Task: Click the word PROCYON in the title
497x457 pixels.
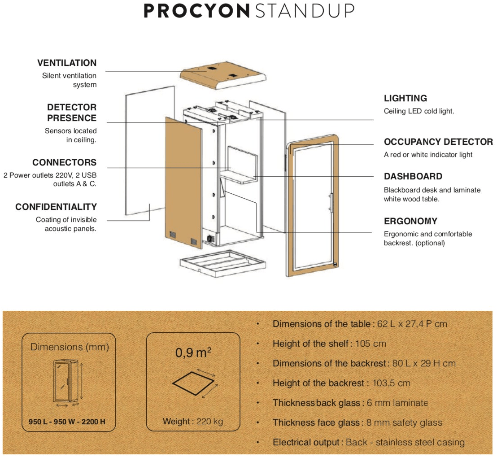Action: [196, 11]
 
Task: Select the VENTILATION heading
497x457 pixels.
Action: [67, 63]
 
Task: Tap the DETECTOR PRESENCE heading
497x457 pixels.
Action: [72, 113]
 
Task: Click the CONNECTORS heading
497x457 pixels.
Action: [64, 162]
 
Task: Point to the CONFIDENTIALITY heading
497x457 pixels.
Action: [56, 207]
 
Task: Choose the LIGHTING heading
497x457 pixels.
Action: [405, 98]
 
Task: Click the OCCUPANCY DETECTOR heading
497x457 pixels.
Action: [438, 142]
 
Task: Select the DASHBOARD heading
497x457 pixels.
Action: [413, 176]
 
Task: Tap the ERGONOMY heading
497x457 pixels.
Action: [410, 221]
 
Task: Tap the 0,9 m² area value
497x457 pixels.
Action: [193, 353]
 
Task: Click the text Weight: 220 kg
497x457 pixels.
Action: [193, 422]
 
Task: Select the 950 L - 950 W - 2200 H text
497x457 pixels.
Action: [67, 422]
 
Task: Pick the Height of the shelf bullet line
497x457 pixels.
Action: [329, 344]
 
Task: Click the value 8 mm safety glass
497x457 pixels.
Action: [403, 422]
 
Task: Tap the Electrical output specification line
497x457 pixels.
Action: [368, 442]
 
